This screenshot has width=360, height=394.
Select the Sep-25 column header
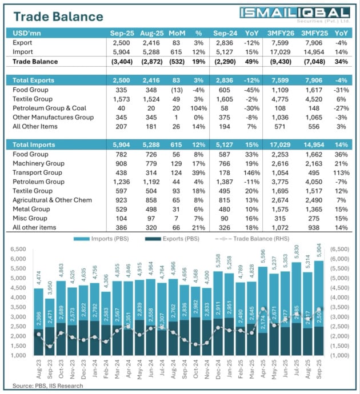[122, 33]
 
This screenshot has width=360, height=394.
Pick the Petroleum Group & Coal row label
[49, 108]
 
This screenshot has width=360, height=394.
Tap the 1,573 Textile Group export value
[122, 99]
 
